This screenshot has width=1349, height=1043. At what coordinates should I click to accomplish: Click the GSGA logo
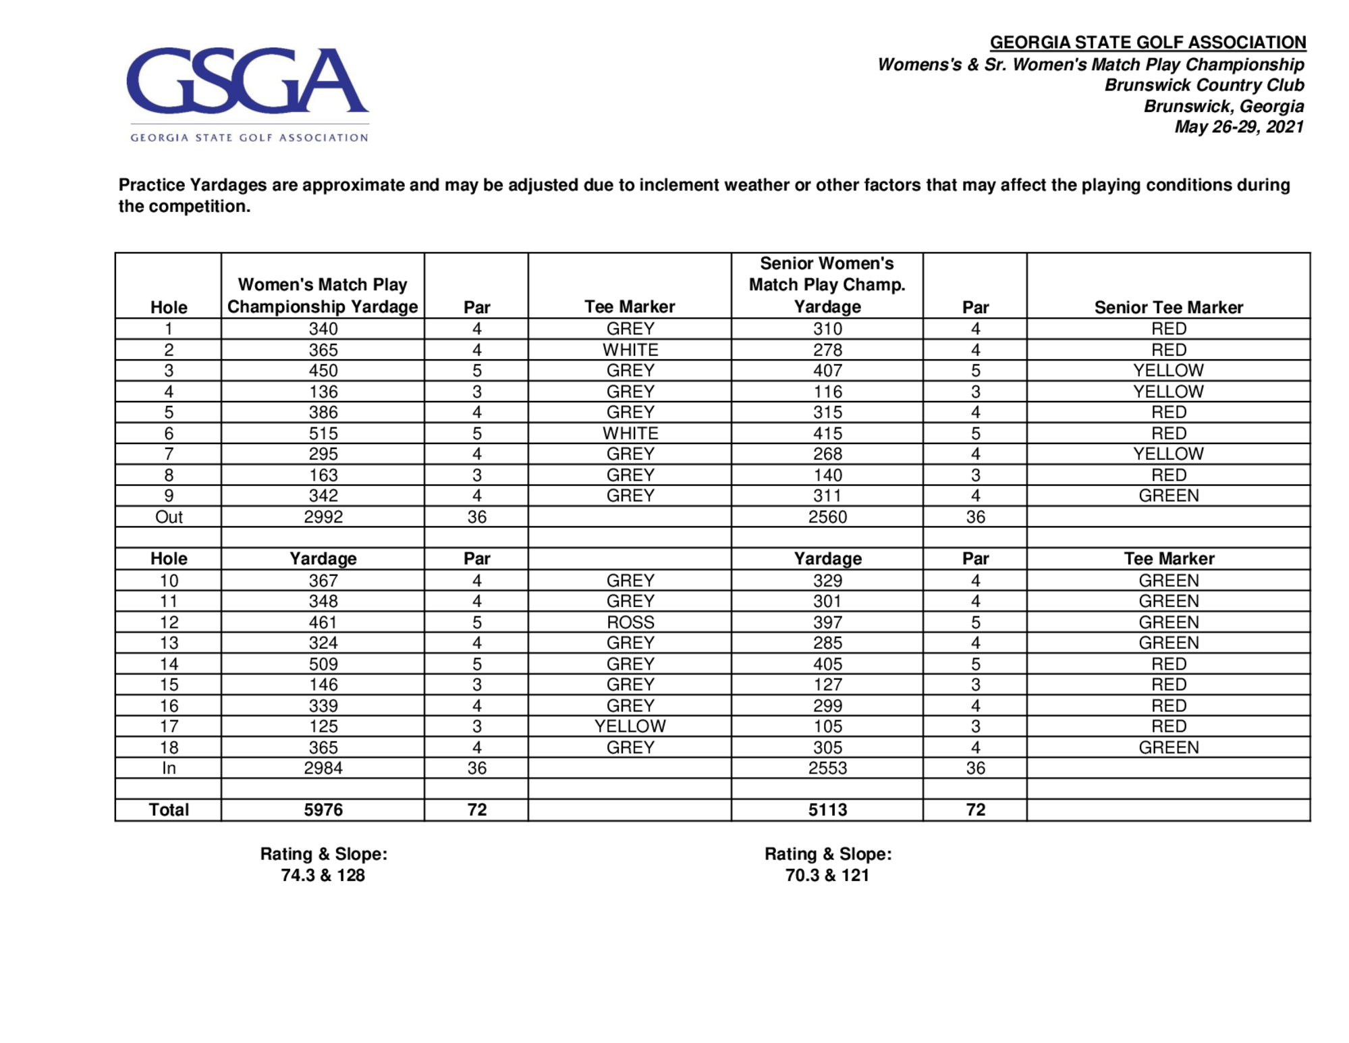point(248,92)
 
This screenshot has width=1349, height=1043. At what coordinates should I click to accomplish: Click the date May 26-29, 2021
point(1238,127)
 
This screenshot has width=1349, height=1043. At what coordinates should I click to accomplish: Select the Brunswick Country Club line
point(1203,85)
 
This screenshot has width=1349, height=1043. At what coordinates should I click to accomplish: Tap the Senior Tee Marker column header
point(1168,307)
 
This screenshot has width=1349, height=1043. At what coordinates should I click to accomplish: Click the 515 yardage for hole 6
point(323,433)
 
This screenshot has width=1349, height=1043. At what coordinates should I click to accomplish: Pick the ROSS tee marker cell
point(630,622)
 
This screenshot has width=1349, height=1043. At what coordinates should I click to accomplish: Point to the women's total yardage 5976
point(323,809)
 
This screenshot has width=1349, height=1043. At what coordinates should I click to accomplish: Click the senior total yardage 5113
point(827,809)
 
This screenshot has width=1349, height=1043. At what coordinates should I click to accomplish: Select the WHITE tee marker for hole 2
point(630,350)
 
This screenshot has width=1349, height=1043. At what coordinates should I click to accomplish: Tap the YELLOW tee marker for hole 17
point(630,726)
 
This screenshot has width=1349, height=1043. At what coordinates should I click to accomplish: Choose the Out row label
point(169,517)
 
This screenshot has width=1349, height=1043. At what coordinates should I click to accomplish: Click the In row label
point(169,768)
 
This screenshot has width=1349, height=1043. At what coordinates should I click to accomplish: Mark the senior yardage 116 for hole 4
point(827,392)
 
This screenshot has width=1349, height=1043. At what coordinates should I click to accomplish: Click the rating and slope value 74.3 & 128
point(323,876)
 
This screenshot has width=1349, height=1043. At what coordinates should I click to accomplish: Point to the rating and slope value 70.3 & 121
point(827,876)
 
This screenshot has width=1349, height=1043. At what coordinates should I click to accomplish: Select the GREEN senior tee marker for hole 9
point(1168,496)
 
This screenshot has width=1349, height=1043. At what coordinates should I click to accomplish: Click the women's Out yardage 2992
point(323,517)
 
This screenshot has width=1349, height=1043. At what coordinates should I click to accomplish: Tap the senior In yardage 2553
point(827,768)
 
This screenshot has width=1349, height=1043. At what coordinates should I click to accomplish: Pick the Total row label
point(169,809)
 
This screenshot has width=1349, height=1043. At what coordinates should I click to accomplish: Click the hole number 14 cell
point(169,664)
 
